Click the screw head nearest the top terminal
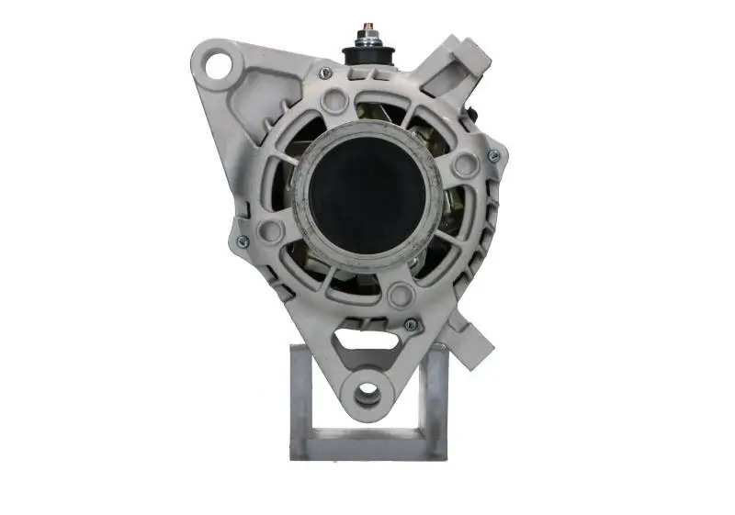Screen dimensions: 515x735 [324, 73]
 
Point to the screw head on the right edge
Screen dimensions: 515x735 [493, 156]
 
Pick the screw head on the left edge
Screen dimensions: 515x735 [243, 241]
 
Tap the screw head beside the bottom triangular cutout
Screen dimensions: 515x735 [411, 324]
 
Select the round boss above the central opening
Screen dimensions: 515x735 [335, 101]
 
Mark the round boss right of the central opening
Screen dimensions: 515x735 [464, 165]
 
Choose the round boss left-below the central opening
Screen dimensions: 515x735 [270, 230]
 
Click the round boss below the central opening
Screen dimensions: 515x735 [399, 296]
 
